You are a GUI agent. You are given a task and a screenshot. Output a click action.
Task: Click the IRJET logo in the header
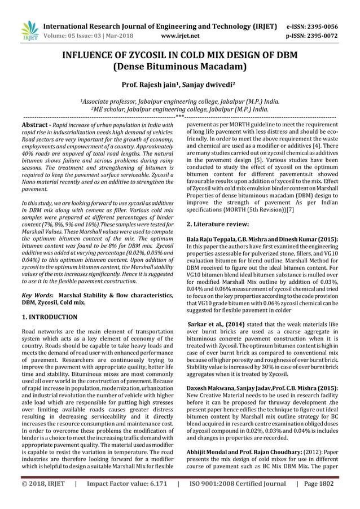28,31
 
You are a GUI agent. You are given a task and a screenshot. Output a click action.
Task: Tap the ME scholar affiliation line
179,109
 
